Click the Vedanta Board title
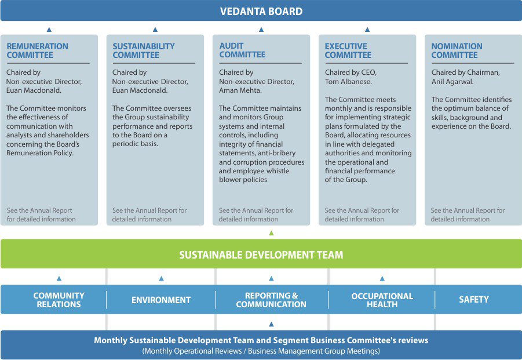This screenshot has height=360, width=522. [261, 12]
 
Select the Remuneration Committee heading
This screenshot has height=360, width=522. [37, 50]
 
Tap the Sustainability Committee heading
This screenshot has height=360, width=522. [144, 50]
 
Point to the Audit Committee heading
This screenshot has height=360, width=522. [242, 50]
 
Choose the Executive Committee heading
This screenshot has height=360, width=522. [348, 50]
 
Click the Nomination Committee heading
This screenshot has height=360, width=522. [457, 50]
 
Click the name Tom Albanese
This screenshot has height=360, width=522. [348, 82]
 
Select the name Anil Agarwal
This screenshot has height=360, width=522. [452, 82]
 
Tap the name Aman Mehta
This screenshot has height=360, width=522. [240, 90]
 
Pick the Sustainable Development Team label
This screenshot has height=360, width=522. [261, 254]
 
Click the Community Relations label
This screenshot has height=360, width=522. [59, 300]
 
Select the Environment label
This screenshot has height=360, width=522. [161, 300]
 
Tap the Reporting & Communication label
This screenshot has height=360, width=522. [271, 300]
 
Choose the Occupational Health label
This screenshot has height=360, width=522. [382, 300]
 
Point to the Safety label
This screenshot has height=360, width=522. [474, 300]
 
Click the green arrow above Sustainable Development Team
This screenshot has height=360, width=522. [271, 233]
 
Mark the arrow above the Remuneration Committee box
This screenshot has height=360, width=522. [49, 30]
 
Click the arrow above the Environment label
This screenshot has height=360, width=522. [162, 278]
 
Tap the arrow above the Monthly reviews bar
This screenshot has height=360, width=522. [271, 324]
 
